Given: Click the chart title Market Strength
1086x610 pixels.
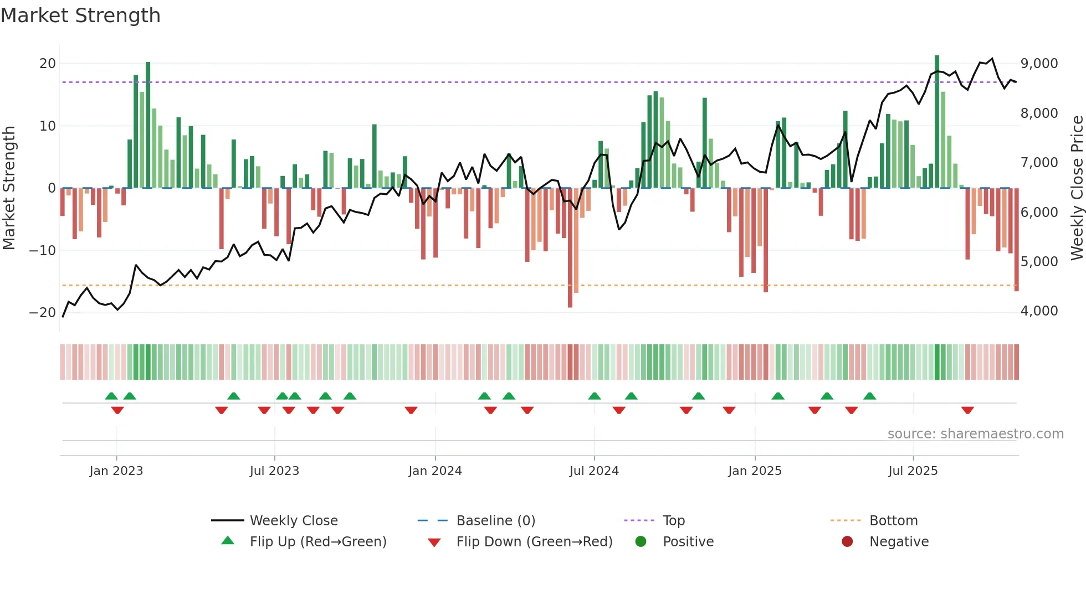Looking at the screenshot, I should [x=80, y=15].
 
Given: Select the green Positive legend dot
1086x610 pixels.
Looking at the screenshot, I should [x=641, y=541].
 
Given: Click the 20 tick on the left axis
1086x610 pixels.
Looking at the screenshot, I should [x=48, y=64].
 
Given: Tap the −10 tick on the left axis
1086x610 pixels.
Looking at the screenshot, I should [x=43, y=250].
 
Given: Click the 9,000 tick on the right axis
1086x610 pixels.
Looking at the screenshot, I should [x=1039, y=64].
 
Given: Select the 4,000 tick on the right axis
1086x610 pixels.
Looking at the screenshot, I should [x=1039, y=311].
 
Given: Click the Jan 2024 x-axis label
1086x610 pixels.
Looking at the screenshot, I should [x=435, y=471].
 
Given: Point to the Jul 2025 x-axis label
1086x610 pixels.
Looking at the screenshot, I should [x=913, y=471].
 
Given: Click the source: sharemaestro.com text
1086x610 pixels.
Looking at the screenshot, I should [x=975, y=434].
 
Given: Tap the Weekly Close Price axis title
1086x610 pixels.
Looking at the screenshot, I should [x=1077, y=188].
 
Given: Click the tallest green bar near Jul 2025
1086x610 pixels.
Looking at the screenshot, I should [x=937, y=122].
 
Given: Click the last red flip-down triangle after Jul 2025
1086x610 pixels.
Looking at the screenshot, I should [x=967, y=410].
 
